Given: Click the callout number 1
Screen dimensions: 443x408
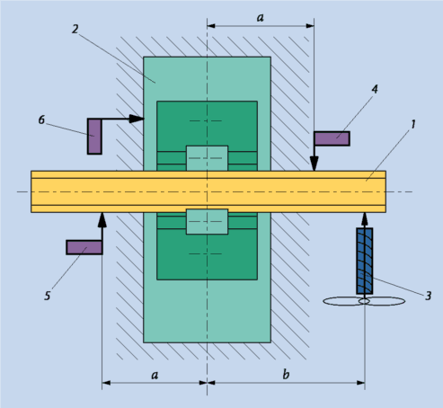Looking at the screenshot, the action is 413,124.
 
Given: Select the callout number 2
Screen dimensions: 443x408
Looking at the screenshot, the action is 75,29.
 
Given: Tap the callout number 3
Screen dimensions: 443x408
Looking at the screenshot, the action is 429,296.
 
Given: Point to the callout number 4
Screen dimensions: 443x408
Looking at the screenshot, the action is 375,89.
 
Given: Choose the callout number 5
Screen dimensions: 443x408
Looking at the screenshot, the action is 48,296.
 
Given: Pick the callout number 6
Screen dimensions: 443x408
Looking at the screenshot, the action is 41,120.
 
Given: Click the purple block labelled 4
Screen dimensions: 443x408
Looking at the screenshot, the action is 332,138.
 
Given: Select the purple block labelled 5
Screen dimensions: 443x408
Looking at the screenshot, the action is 84,247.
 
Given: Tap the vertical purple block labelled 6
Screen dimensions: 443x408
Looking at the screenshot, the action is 94,137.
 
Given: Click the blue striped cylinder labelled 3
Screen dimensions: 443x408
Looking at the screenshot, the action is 365,261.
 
